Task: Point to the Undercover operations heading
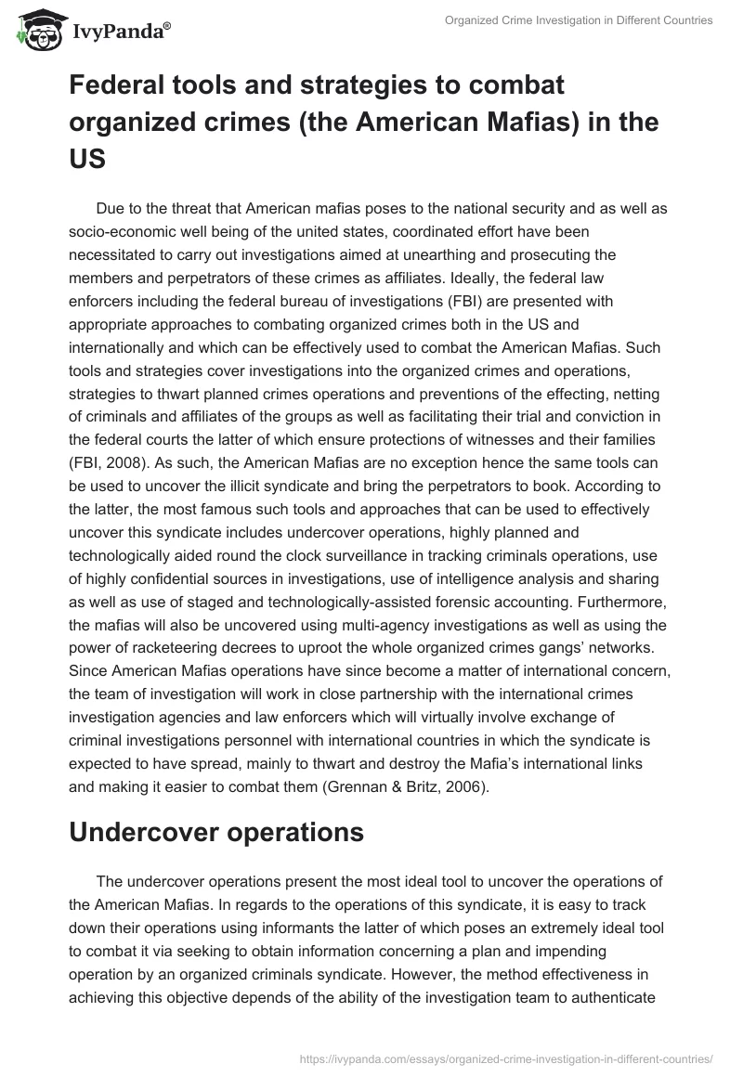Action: [x=216, y=832]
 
